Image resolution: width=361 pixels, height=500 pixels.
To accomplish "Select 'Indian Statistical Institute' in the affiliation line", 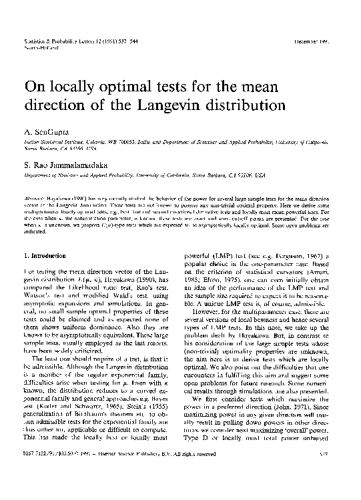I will (x=51, y=143).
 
